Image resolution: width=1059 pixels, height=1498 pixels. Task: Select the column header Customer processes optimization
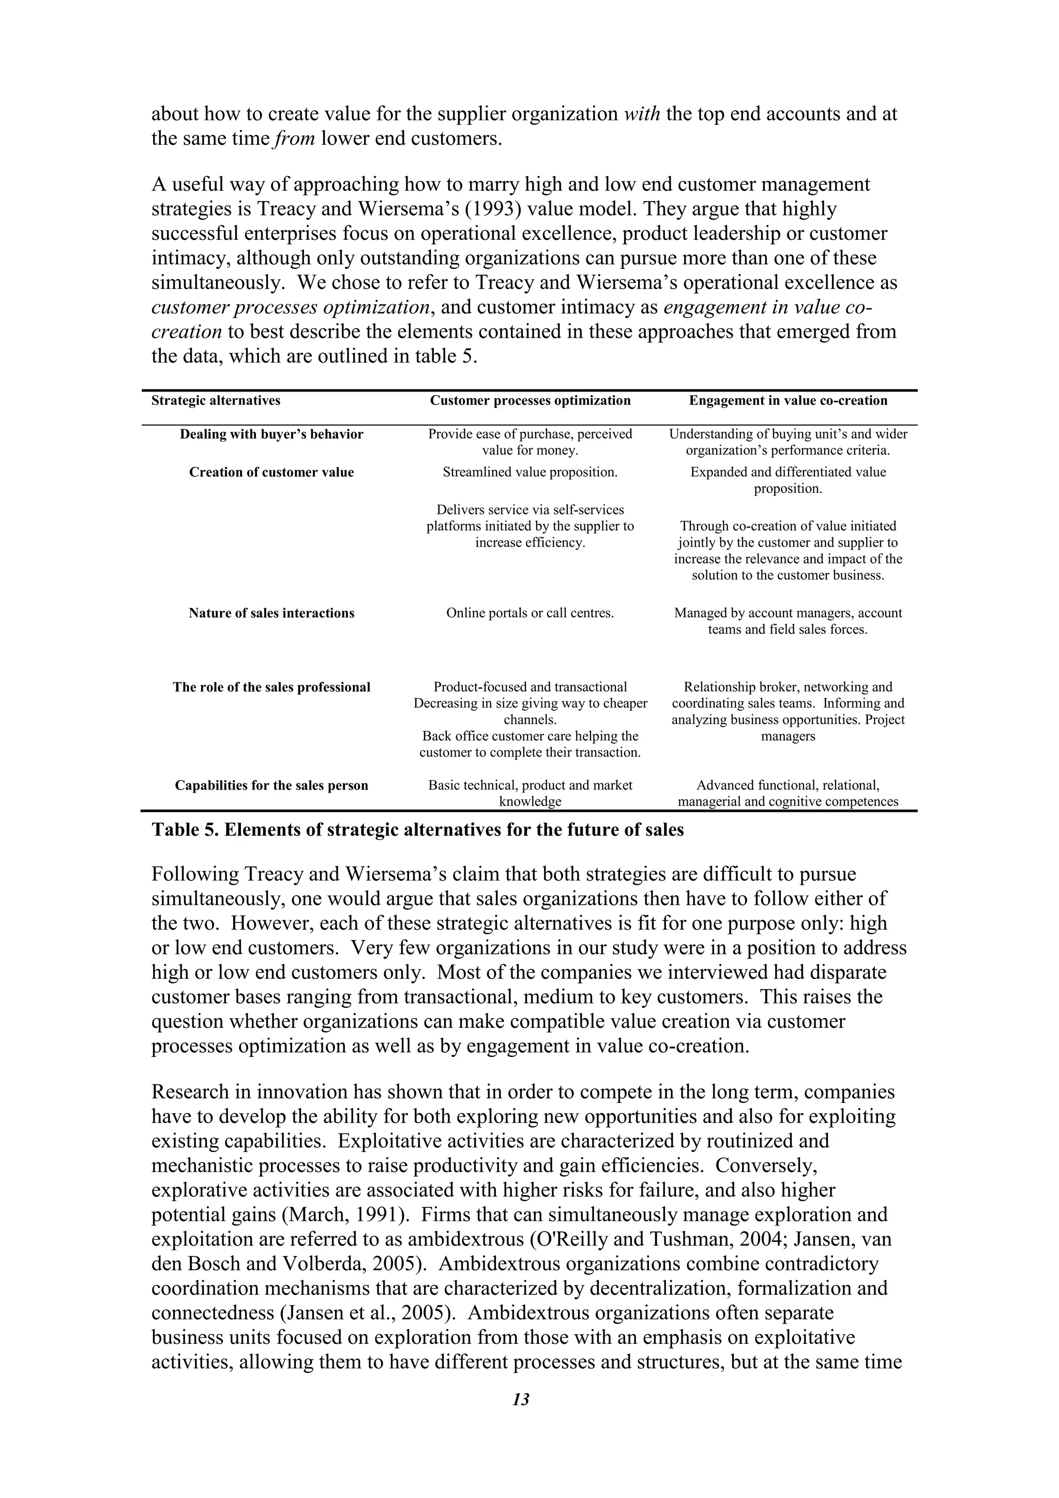[x=530, y=401]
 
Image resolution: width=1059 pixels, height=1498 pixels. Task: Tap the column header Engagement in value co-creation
[x=788, y=401]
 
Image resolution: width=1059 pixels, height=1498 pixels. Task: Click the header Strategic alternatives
[x=216, y=401]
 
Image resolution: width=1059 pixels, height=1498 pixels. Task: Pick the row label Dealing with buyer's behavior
[x=271, y=434]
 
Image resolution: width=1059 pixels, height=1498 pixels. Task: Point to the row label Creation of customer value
[x=271, y=473]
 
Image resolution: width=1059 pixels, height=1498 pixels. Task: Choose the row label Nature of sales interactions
[x=271, y=613]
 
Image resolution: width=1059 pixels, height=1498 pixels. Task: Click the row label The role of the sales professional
[x=271, y=687]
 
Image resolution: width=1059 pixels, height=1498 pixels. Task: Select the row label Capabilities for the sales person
[x=271, y=785]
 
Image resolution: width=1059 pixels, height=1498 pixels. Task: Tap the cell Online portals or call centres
[x=530, y=613]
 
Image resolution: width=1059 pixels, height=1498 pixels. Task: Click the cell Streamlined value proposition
[x=530, y=473]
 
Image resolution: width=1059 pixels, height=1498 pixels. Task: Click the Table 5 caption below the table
[x=418, y=830]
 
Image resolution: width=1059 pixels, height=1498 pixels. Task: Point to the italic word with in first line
[x=642, y=114]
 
